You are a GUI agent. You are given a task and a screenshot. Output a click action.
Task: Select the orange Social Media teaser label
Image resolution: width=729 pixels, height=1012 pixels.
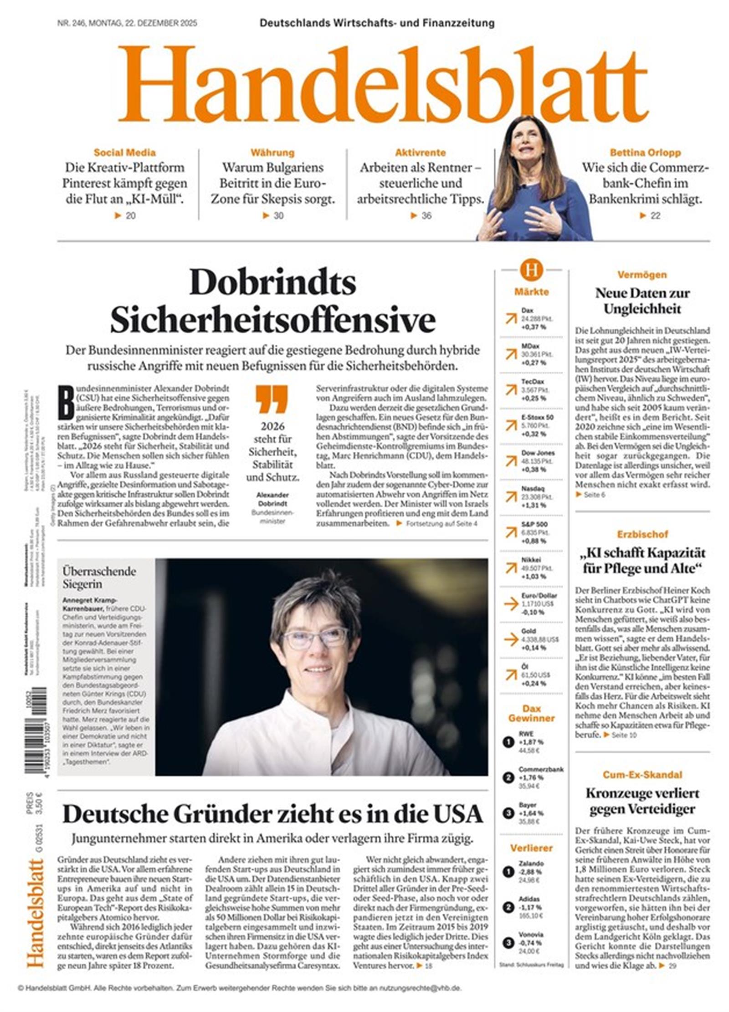(124, 153)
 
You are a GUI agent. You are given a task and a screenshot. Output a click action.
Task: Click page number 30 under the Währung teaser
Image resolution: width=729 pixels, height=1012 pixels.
(278, 215)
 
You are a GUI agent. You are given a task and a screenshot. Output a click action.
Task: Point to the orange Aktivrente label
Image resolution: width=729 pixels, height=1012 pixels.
(420, 153)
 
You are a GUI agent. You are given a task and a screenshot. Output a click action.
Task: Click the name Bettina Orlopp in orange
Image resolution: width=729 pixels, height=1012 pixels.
(645, 153)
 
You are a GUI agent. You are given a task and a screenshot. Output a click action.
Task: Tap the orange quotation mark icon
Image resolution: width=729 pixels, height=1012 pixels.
(272, 399)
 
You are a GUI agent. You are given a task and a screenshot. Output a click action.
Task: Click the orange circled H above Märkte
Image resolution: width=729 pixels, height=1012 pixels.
(531, 270)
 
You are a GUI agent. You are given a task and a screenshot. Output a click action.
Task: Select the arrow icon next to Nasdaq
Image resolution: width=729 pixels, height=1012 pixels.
(510, 496)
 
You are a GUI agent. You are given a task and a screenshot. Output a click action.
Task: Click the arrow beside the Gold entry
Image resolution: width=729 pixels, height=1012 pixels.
(510, 639)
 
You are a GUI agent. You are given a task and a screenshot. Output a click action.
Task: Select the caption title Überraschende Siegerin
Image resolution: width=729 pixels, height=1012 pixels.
(99, 577)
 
